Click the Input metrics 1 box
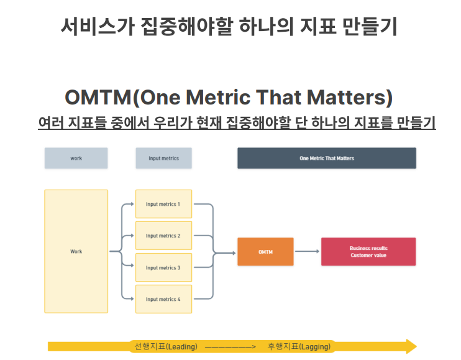(x=164, y=204)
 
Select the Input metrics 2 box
(x=164, y=236)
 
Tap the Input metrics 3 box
(x=164, y=267)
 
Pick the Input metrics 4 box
(x=164, y=299)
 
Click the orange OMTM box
(x=265, y=252)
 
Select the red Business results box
(x=368, y=252)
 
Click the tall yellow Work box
(x=76, y=251)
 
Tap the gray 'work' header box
(x=76, y=158)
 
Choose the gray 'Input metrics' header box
(x=163, y=158)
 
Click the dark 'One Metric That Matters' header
(x=327, y=158)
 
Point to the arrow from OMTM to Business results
(x=307, y=251)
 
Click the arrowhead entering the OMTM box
(x=234, y=252)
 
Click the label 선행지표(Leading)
(x=166, y=346)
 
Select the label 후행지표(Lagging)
(x=299, y=346)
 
